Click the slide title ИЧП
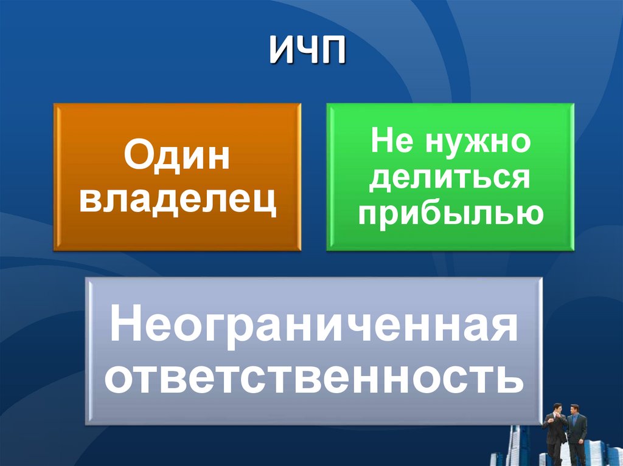308,50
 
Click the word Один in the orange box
177,155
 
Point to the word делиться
450,179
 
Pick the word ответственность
314,376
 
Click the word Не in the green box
391,141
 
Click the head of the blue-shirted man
574,409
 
